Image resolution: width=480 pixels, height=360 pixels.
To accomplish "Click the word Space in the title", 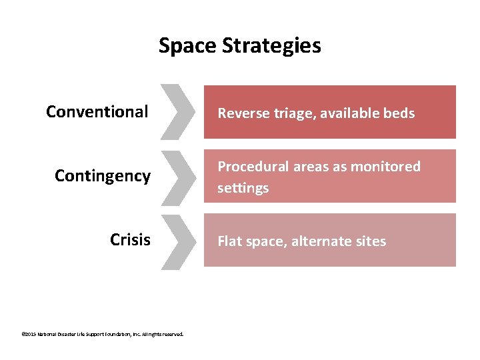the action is click(x=187, y=46).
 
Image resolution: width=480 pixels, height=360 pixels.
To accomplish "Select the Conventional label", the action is click(x=97, y=111).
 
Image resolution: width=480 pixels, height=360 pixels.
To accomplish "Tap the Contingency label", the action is click(x=103, y=176).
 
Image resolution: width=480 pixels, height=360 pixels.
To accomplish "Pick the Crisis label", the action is click(x=130, y=240).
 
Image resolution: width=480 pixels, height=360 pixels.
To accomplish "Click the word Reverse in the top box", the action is click(x=243, y=113).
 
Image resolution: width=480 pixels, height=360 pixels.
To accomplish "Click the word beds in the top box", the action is click(x=398, y=113).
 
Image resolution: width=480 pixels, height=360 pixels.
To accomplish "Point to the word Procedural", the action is click(x=252, y=166).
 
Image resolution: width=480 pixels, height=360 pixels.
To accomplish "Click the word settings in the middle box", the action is click(x=233, y=188).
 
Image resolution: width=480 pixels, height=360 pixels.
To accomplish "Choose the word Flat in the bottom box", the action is click(x=229, y=241).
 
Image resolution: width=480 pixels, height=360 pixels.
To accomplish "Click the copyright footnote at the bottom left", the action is click(x=103, y=335).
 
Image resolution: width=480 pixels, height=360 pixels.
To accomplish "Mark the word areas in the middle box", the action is click(x=309, y=166).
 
